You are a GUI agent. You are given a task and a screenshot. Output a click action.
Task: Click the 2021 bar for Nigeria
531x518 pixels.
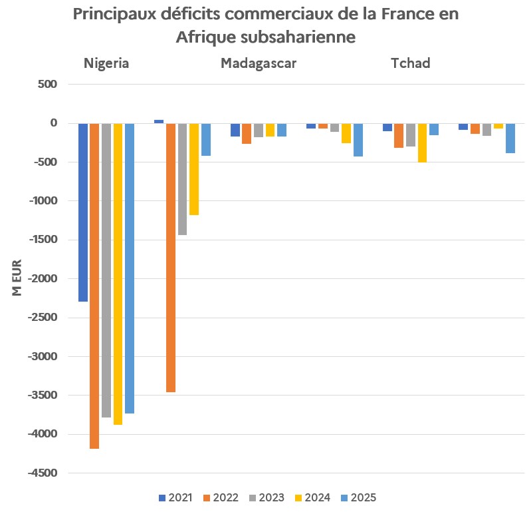tap(83, 212)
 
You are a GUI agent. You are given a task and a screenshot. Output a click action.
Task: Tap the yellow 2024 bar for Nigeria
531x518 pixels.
tap(118, 274)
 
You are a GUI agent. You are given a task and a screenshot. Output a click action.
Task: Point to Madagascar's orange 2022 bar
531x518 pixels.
tap(247, 133)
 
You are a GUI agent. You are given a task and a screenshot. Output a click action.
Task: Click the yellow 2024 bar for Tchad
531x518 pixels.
tap(423, 142)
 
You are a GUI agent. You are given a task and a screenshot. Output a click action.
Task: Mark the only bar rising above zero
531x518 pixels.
tap(159, 121)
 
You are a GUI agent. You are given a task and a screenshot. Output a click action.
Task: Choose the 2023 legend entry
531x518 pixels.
tap(266, 497)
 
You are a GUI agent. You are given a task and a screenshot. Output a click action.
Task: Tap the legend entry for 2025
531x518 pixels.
tap(358, 497)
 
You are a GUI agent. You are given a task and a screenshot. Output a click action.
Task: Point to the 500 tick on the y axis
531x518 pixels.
tap(49, 85)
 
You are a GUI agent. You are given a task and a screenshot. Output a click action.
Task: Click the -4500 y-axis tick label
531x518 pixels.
tap(42, 473)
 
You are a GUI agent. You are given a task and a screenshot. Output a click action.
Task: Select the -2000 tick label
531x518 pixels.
tap(42, 279)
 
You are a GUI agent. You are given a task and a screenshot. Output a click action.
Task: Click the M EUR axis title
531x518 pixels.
tap(17, 278)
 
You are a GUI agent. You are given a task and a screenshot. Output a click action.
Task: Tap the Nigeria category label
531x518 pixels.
tap(106, 64)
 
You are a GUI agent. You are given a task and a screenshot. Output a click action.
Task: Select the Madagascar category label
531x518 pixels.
tap(259, 64)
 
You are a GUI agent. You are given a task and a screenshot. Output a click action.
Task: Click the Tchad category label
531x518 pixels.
tap(410, 64)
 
